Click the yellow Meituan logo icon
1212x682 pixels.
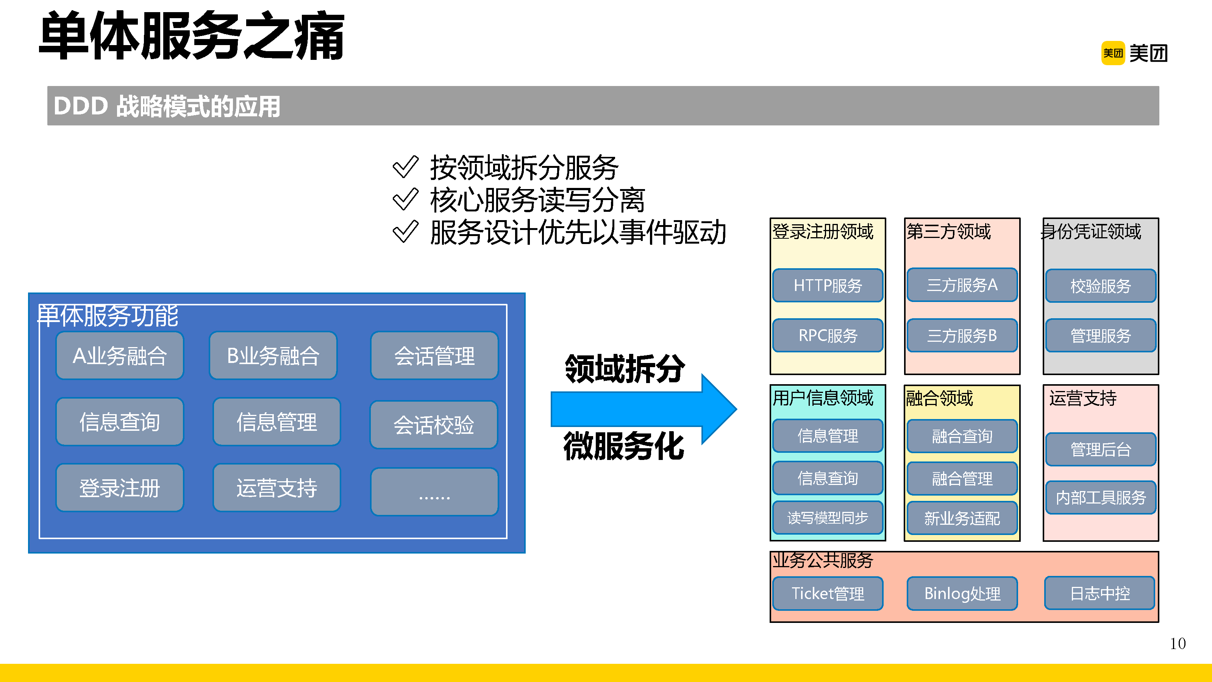(x=1113, y=53)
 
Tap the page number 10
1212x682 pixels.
(x=1178, y=643)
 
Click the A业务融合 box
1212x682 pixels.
(x=120, y=356)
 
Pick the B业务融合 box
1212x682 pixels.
(x=273, y=356)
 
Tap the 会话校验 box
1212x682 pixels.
(x=433, y=424)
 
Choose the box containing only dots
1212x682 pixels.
(x=434, y=492)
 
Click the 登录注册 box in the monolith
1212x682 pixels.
(x=120, y=488)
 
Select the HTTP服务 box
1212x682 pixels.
(x=828, y=285)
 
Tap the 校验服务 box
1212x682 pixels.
(x=1101, y=286)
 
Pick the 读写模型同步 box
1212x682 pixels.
(x=828, y=518)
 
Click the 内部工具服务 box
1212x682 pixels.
(x=1101, y=497)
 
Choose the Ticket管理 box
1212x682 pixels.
(x=828, y=593)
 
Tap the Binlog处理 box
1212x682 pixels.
(x=962, y=593)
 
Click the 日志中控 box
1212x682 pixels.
(x=1100, y=593)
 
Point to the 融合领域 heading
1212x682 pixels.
(x=939, y=398)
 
